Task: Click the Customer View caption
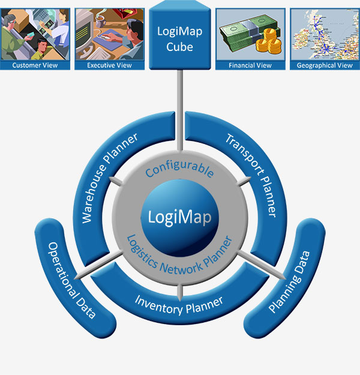[35, 65]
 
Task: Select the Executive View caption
[109, 65]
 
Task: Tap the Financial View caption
[250, 65]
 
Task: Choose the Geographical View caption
[325, 65]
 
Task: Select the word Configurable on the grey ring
[180, 169]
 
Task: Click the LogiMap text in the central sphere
[180, 216]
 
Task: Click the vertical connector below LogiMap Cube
[180, 114]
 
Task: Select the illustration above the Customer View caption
[35, 33]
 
